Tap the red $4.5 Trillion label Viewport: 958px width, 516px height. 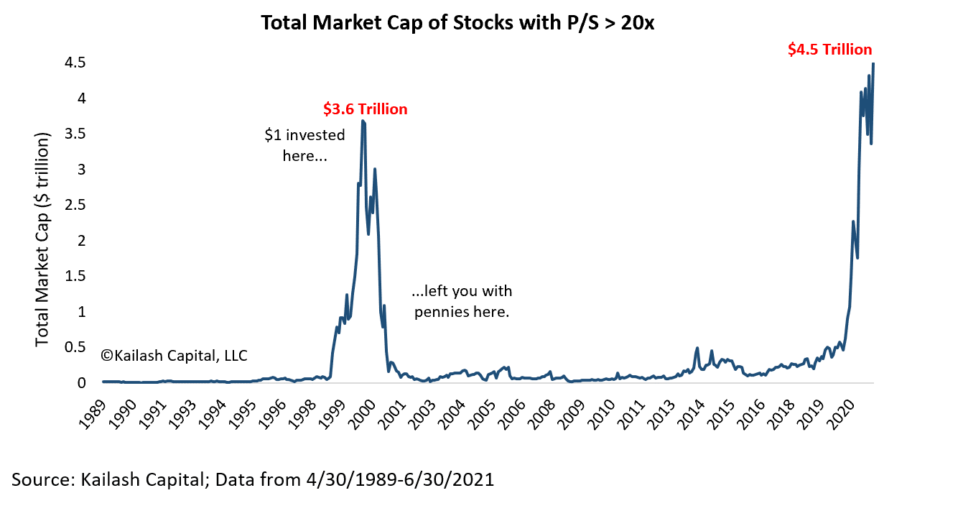pos(829,50)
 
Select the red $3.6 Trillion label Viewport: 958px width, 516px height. pos(365,109)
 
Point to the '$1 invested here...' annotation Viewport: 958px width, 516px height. pos(304,145)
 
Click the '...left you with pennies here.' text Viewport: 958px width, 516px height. pos(461,302)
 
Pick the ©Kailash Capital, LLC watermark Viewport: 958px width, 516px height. pos(175,355)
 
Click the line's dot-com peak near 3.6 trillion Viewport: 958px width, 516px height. pos(363,121)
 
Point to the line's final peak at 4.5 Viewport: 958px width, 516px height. pos(873,64)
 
